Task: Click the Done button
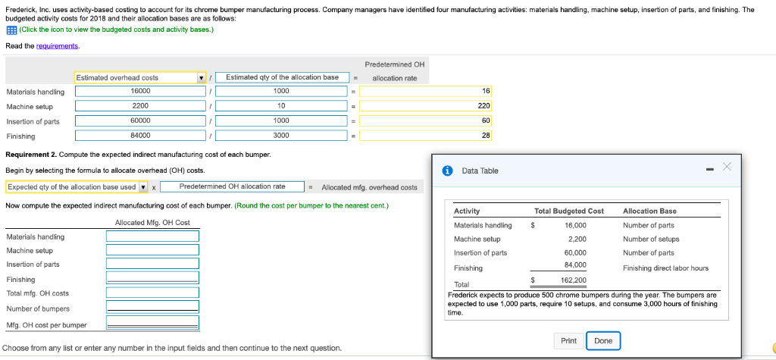(603, 341)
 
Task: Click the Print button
(568, 341)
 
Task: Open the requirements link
(58, 46)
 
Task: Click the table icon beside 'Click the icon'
(10, 30)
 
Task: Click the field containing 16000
(140, 91)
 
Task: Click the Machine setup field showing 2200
(140, 105)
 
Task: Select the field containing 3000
(281, 136)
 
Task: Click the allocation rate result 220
(426, 105)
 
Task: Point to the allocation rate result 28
(426, 136)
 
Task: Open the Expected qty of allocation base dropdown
(77, 186)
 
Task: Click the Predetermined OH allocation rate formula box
(233, 186)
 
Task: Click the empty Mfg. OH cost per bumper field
(152, 324)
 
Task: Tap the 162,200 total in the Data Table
(574, 280)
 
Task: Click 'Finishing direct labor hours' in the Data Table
(665, 268)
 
